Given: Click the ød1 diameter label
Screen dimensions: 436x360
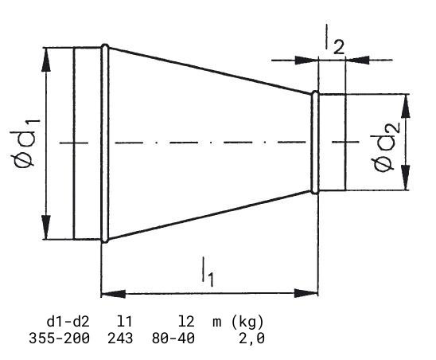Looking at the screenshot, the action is tap(25, 143).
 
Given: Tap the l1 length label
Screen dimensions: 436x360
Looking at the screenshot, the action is tap(208, 272).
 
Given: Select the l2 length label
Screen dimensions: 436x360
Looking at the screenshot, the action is tap(335, 41).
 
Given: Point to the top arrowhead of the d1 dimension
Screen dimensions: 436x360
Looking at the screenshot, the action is tap(46, 62).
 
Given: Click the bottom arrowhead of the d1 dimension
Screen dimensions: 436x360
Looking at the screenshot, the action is tap(46, 227).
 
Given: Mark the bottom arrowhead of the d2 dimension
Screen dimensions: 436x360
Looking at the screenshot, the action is tap(406, 178).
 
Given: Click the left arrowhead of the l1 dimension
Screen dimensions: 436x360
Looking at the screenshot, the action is tap(114, 293).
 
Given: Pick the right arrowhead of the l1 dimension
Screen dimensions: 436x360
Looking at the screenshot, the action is tap(306, 293).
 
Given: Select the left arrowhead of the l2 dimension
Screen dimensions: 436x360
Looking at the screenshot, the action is tap(307, 60).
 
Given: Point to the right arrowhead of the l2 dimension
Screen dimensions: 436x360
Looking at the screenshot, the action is tap(357, 60).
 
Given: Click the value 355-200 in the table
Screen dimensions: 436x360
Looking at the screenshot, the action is tap(59, 338).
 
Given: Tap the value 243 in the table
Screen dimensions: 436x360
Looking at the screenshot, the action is tap(120, 338).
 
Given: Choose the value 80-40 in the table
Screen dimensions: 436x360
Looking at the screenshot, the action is tap(173, 338).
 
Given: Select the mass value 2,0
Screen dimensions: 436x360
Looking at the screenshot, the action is tap(251, 338).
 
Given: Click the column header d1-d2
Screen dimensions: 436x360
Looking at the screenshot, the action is tap(68, 322).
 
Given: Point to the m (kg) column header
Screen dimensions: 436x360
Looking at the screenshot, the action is tap(238, 322).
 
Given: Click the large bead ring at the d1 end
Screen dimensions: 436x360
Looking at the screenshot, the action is tap(105, 143).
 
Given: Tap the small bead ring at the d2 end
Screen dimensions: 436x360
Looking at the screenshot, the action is tap(315, 143).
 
